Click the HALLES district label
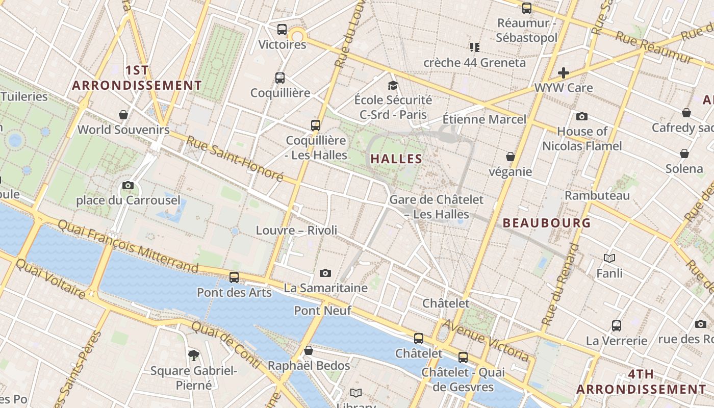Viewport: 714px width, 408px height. point(396,159)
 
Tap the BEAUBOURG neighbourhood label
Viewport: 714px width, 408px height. point(547,223)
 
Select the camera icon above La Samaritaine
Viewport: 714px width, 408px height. point(325,273)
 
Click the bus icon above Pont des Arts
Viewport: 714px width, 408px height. point(234,277)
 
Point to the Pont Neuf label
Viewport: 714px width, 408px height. point(323,310)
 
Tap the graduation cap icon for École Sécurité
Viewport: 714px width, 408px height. point(393,85)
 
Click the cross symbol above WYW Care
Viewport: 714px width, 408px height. point(564,73)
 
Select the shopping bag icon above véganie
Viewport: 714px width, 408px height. point(510,157)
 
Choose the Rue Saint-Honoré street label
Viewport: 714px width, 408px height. point(234,158)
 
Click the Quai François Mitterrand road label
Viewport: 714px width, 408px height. point(127,246)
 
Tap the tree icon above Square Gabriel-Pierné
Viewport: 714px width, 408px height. point(193,355)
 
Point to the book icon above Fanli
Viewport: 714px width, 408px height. point(609,258)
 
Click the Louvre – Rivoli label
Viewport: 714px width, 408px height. point(296,230)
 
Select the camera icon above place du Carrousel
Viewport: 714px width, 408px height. point(128,185)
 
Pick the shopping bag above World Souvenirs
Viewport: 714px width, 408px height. point(123,114)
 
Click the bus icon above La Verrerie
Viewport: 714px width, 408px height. point(617,325)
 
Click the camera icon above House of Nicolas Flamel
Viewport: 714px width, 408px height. point(582,116)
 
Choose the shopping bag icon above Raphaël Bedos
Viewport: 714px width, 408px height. point(308,350)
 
